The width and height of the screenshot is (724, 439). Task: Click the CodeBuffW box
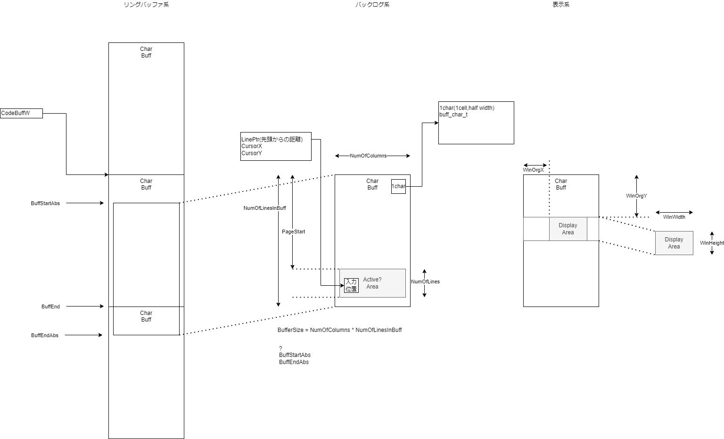[x=21, y=113]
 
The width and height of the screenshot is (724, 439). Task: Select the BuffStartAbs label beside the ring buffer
[x=45, y=203]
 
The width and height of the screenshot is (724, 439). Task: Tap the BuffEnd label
[x=50, y=306]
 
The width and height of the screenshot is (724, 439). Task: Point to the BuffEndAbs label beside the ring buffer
[x=45, y=335]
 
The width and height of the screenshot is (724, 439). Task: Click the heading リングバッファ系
[x=146, y=5]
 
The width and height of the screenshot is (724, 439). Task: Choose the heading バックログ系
[x=372, y=5]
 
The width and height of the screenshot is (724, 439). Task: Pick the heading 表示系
[x=561, y=5]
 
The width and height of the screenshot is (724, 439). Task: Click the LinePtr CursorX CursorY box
[x=276, y=146]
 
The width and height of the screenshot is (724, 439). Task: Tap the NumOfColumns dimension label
[x=368, y=156]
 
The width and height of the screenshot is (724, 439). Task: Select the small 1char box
[x=398, y=186]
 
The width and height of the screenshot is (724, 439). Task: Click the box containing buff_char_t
[x=476, y=123]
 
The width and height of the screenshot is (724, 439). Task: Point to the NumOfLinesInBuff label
[x=264, y=208]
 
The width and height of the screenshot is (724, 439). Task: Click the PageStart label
[x=293, y=232]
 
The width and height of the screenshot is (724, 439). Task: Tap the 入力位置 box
[x=351, y=285]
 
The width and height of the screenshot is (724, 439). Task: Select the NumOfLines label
[x=425, y=282]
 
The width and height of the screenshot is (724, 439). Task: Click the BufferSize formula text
[x=339, y=330]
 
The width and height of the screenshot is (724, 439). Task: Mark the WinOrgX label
[x=533, y=170]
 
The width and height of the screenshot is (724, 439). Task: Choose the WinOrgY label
[x=636, y=196]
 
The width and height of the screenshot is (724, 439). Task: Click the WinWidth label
[x=674, y=217]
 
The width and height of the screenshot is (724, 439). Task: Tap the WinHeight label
[x=712, y=243]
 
